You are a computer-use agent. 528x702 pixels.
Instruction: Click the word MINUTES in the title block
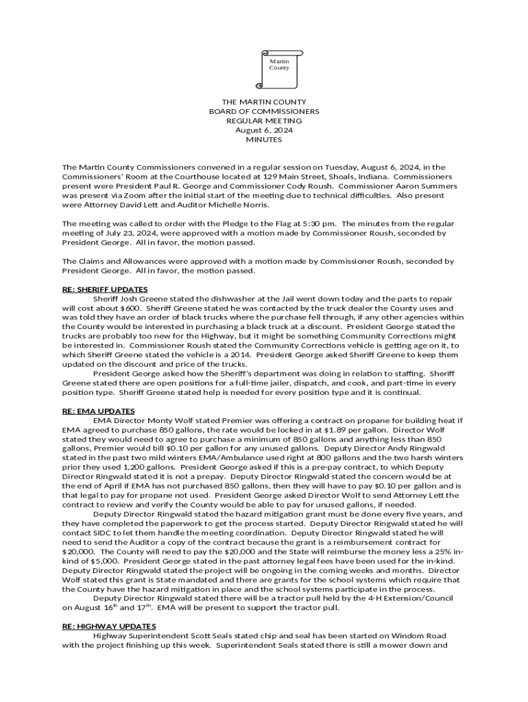(x=264, y=140)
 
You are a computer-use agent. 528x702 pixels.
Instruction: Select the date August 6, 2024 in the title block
(x=264, y=130)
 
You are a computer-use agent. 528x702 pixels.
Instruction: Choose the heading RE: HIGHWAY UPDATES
(x=109, y=626)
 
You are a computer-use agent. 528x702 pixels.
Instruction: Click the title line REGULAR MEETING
(x=264, y=121)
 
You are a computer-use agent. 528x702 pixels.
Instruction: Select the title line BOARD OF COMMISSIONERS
(x=264, y=111)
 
